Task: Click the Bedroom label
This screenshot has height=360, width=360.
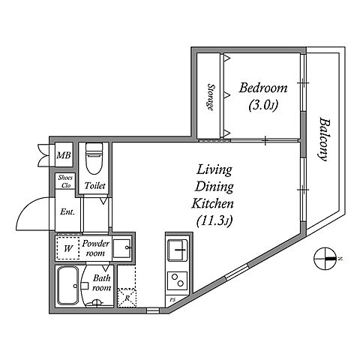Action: tap(263, 88)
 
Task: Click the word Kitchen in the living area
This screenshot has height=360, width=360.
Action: tap(213, 204)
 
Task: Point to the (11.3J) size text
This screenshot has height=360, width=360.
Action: tap(214, 220)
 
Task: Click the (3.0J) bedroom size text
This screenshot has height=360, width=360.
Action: tap(263, 105)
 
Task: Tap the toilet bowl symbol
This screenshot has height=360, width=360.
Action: tap(94, 158)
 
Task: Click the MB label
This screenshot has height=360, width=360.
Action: tap(64, 155)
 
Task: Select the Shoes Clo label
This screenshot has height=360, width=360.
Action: tap(65, 181)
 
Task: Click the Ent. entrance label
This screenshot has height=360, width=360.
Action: tap(67, 212)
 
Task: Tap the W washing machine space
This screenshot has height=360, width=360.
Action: tap(68, 248)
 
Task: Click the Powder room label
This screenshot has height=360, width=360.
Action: tap(95, 248)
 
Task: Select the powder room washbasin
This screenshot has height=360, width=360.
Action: tap(122, 248)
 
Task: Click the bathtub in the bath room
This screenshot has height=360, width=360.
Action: tap(67, 286)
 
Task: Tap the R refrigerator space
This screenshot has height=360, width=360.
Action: tap(127, 298)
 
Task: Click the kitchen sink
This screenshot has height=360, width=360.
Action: tap(178, 250)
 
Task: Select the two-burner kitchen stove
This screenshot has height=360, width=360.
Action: tap(178, 280)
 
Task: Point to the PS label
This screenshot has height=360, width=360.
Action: tap(172, 299)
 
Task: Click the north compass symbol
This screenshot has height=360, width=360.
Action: tap(324, 259)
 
